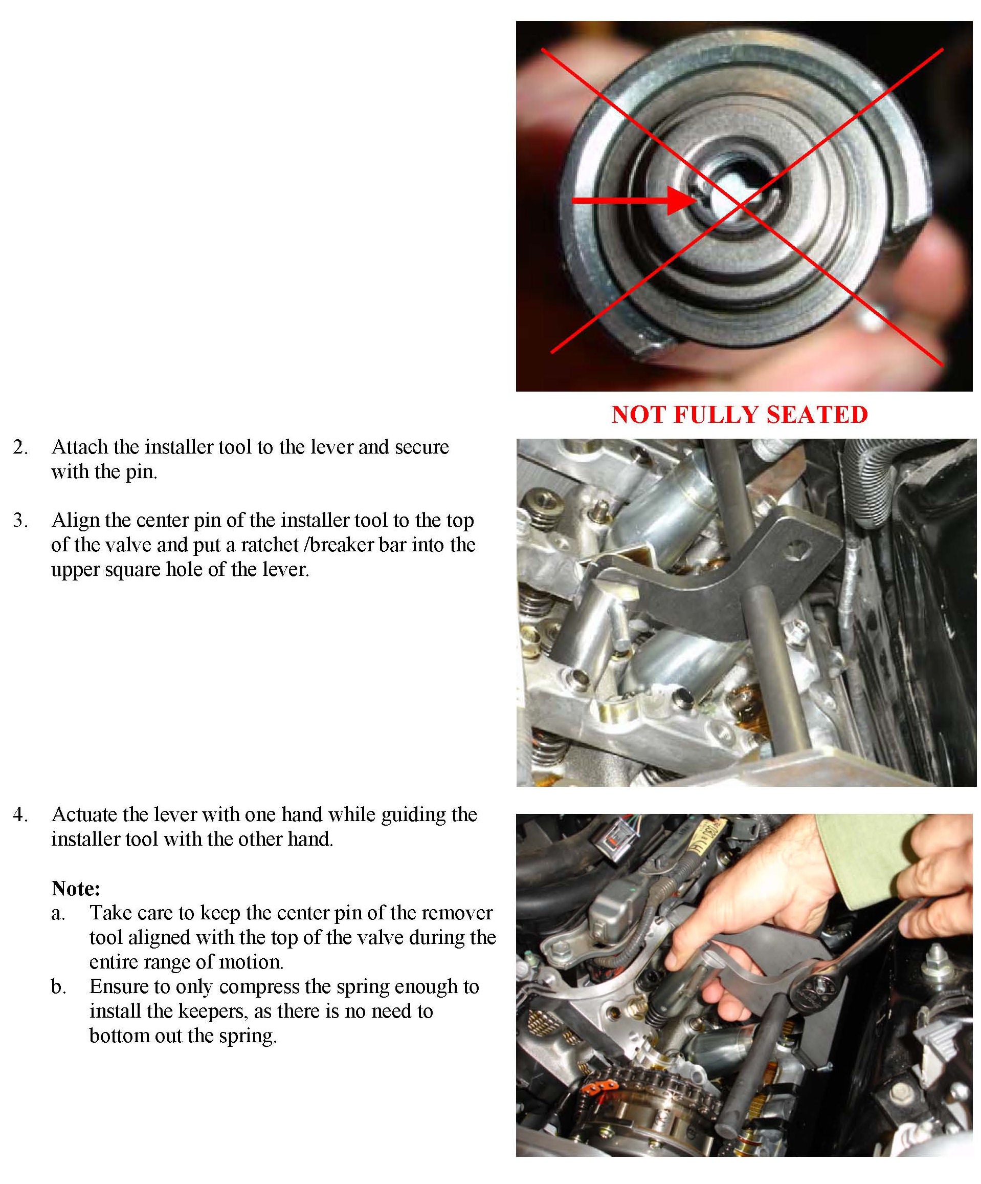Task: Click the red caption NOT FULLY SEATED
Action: (x=739, y=415)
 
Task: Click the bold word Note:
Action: (x=76, y=889)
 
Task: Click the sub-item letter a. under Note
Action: (x=58, y=913)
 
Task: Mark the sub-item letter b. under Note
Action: (x=59, y=987)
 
